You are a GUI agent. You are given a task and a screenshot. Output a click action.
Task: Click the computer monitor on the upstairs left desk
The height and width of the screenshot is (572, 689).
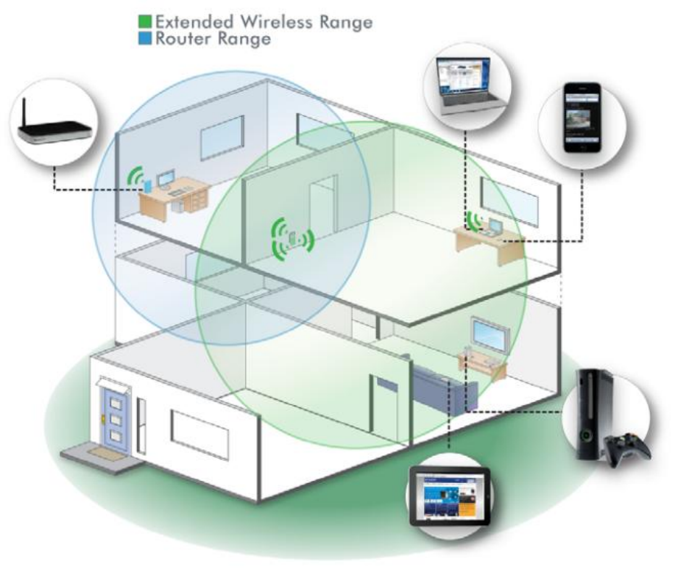(x=166, y=179)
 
